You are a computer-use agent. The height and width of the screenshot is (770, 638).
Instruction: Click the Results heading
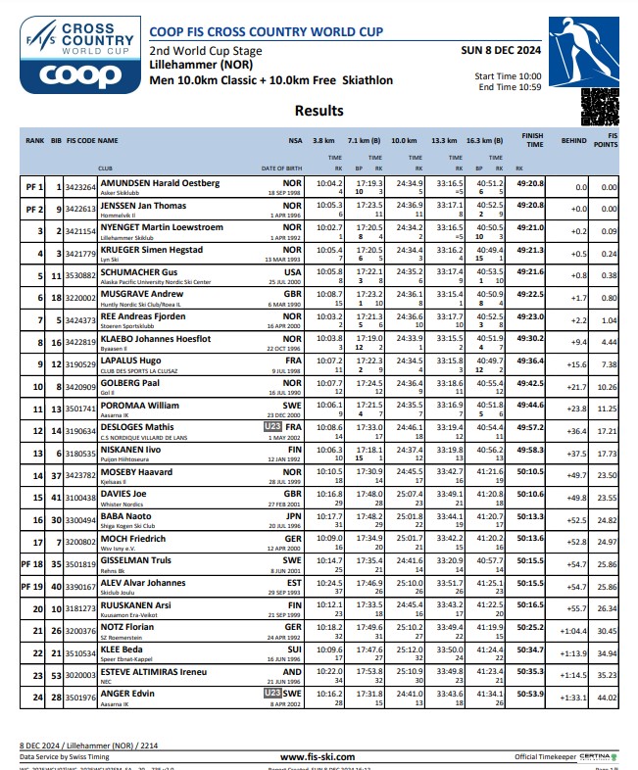point(319,111)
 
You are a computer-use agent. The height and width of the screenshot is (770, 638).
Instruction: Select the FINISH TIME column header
point(532,141)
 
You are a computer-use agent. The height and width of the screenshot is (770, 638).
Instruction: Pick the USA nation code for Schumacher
point(292,271)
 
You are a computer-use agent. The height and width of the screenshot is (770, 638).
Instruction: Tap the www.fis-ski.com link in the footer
point(318,757)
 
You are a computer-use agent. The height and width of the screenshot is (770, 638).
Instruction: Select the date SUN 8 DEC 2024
point(500,48)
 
